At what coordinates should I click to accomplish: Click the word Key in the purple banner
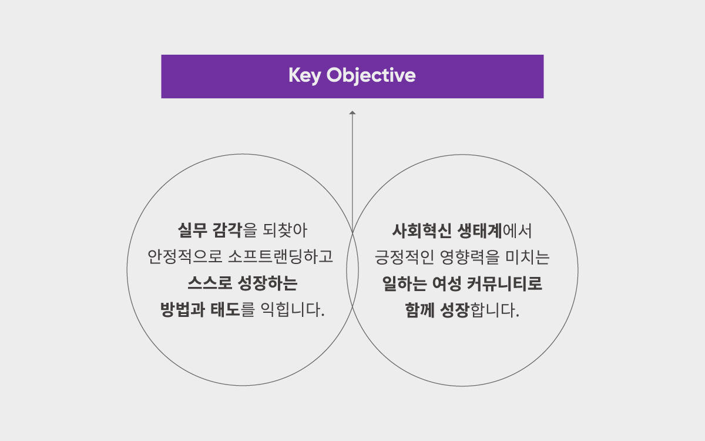305,76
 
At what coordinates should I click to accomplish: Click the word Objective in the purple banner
371,76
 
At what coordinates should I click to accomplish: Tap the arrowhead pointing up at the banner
352,112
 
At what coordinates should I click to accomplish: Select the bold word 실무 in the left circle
192,230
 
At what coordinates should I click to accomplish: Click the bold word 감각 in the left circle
227,230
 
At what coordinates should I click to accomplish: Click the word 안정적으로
185,257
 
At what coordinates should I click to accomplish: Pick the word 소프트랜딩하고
280,257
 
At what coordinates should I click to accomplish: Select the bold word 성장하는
267,283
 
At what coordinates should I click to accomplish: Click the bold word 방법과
183,310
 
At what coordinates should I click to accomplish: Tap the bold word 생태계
479,231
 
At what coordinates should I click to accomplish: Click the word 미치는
527,258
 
